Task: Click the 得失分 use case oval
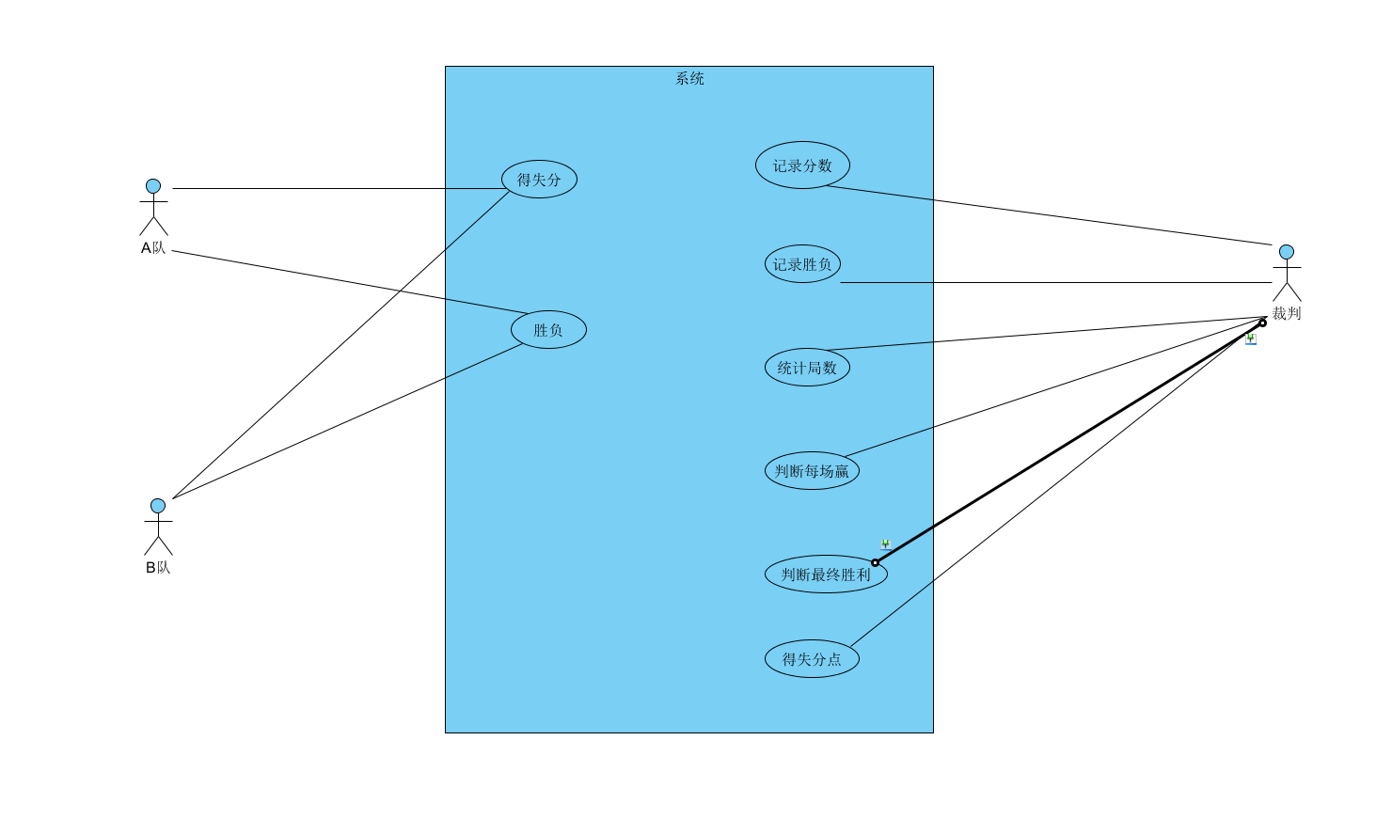tap(539, 180)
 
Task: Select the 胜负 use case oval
tap(548, 330)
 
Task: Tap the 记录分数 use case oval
tap(802, 165)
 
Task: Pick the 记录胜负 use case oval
tap(802, 264)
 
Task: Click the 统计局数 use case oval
tap(807, 368)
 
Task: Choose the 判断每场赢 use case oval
tap(812, 471)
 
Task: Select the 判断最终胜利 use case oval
tap(826, 575)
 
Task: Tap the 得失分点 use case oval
tap(812, 659)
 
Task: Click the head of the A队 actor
tap(153, 186)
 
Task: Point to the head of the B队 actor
tap(158, 506)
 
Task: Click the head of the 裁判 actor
tap(1287, 252)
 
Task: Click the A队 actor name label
tap(153, 248)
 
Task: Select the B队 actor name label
tap(158, 568)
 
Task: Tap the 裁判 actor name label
tap(1287, 314)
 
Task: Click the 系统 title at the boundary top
tap(689, 79)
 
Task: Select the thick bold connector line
tap(1068, 443)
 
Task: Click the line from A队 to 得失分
tap(339, 189)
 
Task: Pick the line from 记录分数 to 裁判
tap(1049, 215)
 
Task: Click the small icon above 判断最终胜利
tap(885, 544)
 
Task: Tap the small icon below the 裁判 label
tap(1251, 339)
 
